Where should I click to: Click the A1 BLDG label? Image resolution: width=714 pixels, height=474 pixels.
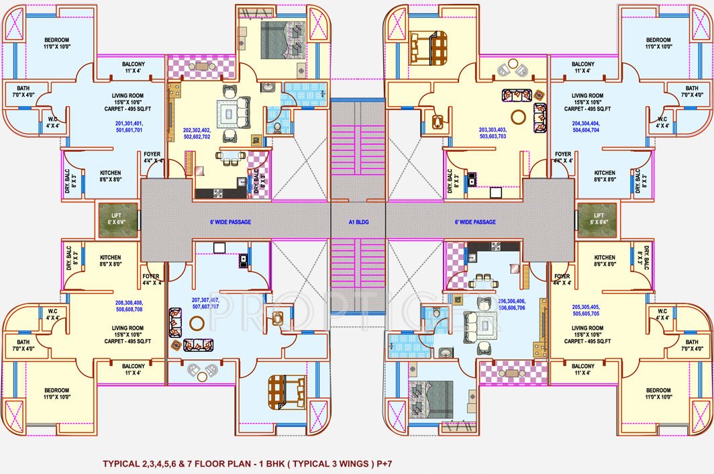[x=358, y=222]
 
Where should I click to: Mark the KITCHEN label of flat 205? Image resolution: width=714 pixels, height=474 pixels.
[x=604, y=260]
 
